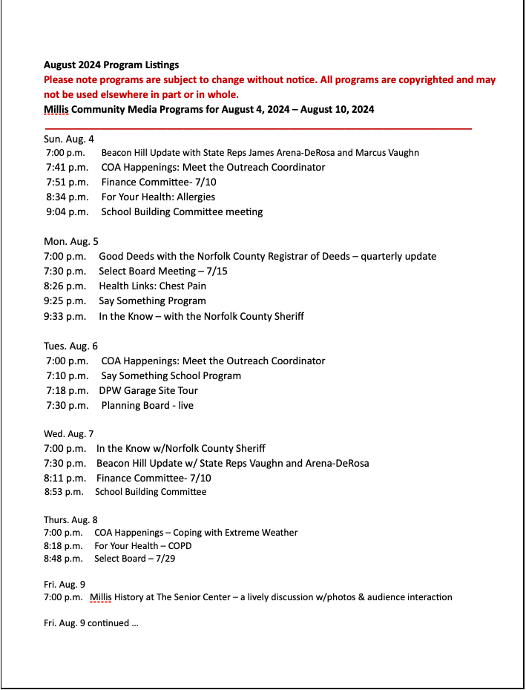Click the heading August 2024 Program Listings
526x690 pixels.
point(111,65)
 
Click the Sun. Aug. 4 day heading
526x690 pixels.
point(69,139)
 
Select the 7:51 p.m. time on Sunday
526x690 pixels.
point(67,182)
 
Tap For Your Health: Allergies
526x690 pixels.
point(158,197)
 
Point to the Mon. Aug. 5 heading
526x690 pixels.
point(71,241)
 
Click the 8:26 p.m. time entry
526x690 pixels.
point(65,286)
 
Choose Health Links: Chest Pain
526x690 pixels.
point(152,286)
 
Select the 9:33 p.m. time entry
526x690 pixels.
point(65,316)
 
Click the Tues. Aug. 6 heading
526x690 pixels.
point(70,346)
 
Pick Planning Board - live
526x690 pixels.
point(147,405)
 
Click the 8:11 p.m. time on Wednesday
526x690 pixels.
point(65,478)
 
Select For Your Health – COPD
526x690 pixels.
point(143,545)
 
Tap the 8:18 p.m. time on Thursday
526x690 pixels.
point(63,545)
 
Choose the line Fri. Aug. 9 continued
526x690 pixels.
point(91,622)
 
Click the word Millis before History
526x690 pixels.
point(102,597)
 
